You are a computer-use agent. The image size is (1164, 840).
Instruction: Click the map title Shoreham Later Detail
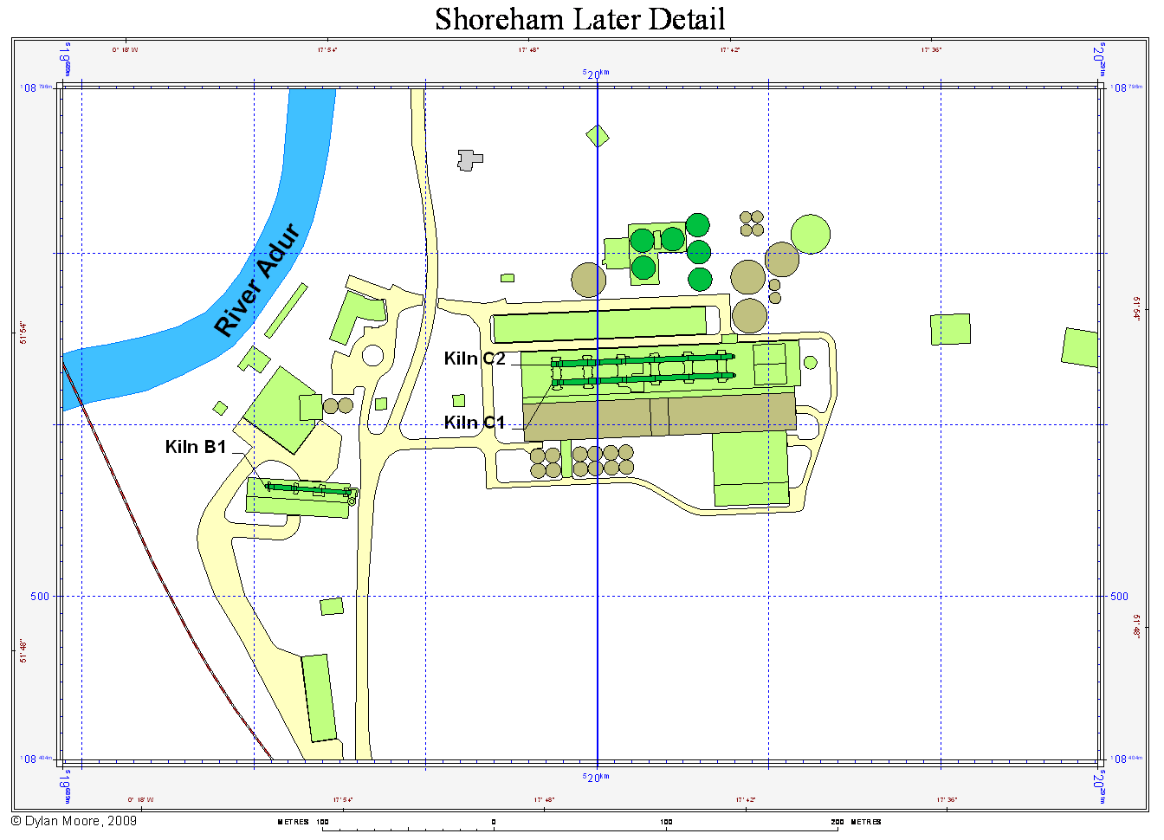pos(579,19)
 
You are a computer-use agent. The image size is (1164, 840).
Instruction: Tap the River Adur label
pos(257,280)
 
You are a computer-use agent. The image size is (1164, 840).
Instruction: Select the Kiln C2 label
pos(475,359)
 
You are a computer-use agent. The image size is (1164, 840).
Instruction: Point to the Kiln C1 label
pos(475,423)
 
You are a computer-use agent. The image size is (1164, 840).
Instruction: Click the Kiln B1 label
pos(196,447)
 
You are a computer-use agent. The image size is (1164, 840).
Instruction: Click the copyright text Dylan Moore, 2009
pos(74,821)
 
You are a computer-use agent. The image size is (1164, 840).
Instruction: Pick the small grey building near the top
pos(469,159)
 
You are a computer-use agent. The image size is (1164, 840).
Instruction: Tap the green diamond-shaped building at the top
pos(598,136)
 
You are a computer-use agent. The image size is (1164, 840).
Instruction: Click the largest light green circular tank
pos(811,234)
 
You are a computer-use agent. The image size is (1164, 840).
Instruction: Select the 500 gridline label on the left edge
pos(40,596)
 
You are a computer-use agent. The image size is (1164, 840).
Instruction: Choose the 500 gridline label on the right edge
pos(1120,596)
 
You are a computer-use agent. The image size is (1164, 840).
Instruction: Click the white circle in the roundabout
pos(372,355)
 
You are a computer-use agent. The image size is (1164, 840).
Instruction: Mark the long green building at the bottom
pos(319,697)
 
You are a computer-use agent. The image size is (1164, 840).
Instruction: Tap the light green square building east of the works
pos(950,329)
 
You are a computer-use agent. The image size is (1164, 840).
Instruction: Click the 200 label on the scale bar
pos(837,822)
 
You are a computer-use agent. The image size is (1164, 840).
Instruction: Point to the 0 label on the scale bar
pos(494,822)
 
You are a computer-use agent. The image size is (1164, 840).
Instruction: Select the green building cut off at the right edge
pos(1080,347)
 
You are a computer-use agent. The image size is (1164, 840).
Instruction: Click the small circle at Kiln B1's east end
pos(352,501)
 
